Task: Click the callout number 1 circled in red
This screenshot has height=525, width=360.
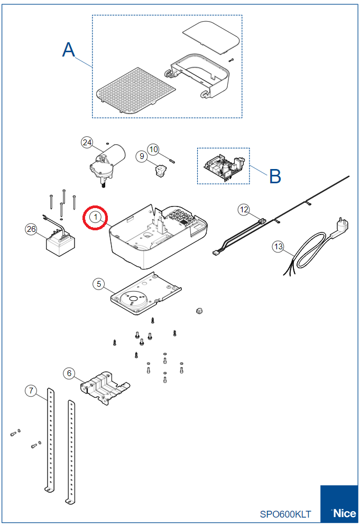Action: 96,217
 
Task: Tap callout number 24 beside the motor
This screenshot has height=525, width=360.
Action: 87,142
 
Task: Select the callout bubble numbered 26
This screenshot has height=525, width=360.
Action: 31,229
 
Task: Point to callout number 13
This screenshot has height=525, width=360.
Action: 278,246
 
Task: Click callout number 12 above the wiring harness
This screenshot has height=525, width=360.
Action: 244,210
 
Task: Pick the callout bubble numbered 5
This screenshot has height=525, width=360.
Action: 98,284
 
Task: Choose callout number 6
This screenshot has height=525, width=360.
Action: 69,373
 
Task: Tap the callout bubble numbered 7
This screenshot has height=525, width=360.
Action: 31,391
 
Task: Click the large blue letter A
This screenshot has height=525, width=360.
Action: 69,50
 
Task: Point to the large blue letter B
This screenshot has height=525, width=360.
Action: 275,176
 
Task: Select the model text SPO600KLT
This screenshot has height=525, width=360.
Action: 285,514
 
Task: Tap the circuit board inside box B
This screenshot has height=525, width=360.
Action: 224,167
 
